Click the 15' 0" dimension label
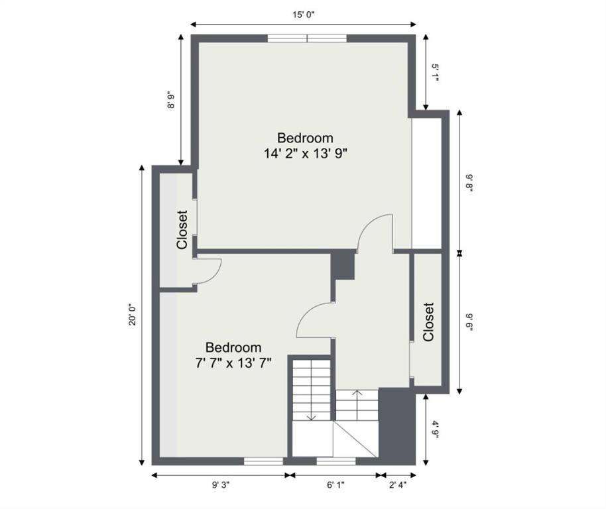point(304,15)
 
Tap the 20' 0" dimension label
point(133,315)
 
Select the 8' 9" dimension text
point(171,100)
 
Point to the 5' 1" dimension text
point(436,73)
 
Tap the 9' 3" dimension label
point(221,485)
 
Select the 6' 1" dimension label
point(335,485)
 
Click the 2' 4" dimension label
point(398,485)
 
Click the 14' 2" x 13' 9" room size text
point(305,154)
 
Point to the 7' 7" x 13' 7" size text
point(233,363)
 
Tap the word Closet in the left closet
point(182,230)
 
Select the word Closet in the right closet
point(428,322)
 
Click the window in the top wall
point(307,38)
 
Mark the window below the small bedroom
point(264,461)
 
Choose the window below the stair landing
point(336,461)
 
